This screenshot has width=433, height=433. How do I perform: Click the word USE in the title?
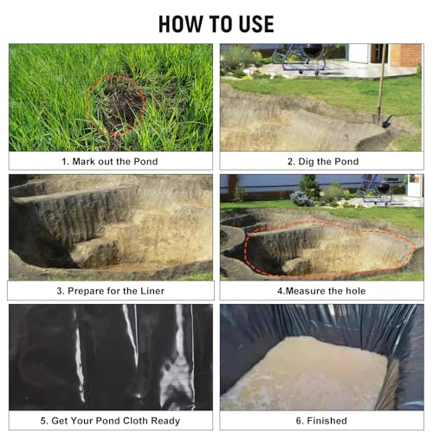[x=252, y=23]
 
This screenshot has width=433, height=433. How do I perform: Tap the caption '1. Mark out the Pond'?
[x=110, y=161]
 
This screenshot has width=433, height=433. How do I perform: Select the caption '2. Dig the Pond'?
[x=322, y=161]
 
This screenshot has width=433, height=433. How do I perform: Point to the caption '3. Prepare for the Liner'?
[x=110, y=291]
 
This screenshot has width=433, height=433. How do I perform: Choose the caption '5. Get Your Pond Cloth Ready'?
[x=110, y=421]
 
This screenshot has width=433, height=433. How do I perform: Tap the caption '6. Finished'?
[x=322, y=421]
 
